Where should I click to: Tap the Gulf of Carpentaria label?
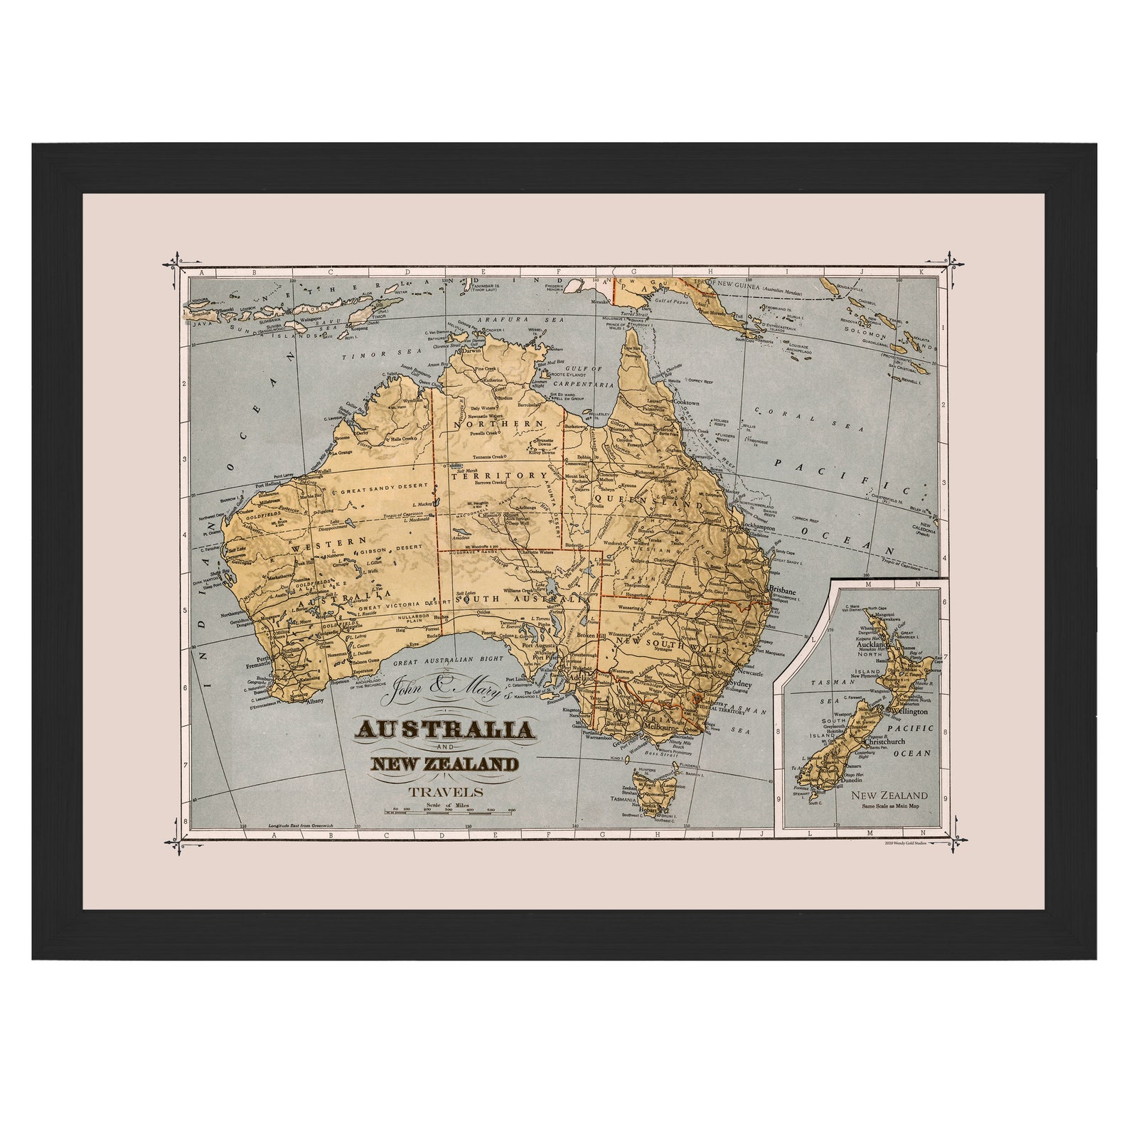pyautogui.click(x=587, y=377)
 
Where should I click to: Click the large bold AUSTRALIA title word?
pyautogui.click(x=446, y=729)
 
